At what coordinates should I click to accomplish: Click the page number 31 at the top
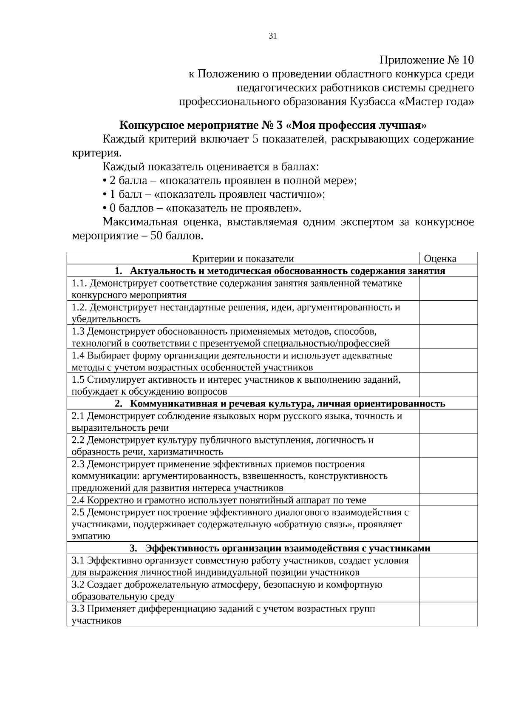(x=273, y=36)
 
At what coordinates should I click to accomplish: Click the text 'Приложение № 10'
(x=426, y=60)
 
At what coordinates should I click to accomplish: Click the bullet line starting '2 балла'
(x=229, y=181)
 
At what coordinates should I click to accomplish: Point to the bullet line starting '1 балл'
(x=214, y=195)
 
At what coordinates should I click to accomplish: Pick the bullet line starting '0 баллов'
(x=202, y=208)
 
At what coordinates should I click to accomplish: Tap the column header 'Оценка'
(x=440, y=259)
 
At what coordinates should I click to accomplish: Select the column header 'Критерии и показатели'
(x=243, y=259)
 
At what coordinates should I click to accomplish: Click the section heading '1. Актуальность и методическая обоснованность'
(x=280, y=271)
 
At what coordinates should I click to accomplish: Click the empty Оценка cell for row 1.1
(x=448, y=289)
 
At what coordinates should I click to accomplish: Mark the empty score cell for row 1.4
(x=448, y=361)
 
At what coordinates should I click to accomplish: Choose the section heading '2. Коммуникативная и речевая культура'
(x=280, y=404)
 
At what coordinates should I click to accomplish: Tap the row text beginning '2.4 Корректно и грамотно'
(x=218, y=500)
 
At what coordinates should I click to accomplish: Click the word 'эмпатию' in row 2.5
(x=91, y=536)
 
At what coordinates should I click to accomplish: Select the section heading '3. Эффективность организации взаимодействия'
(x=280, y=548)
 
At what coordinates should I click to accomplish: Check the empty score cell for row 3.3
(x=448, y=614)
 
